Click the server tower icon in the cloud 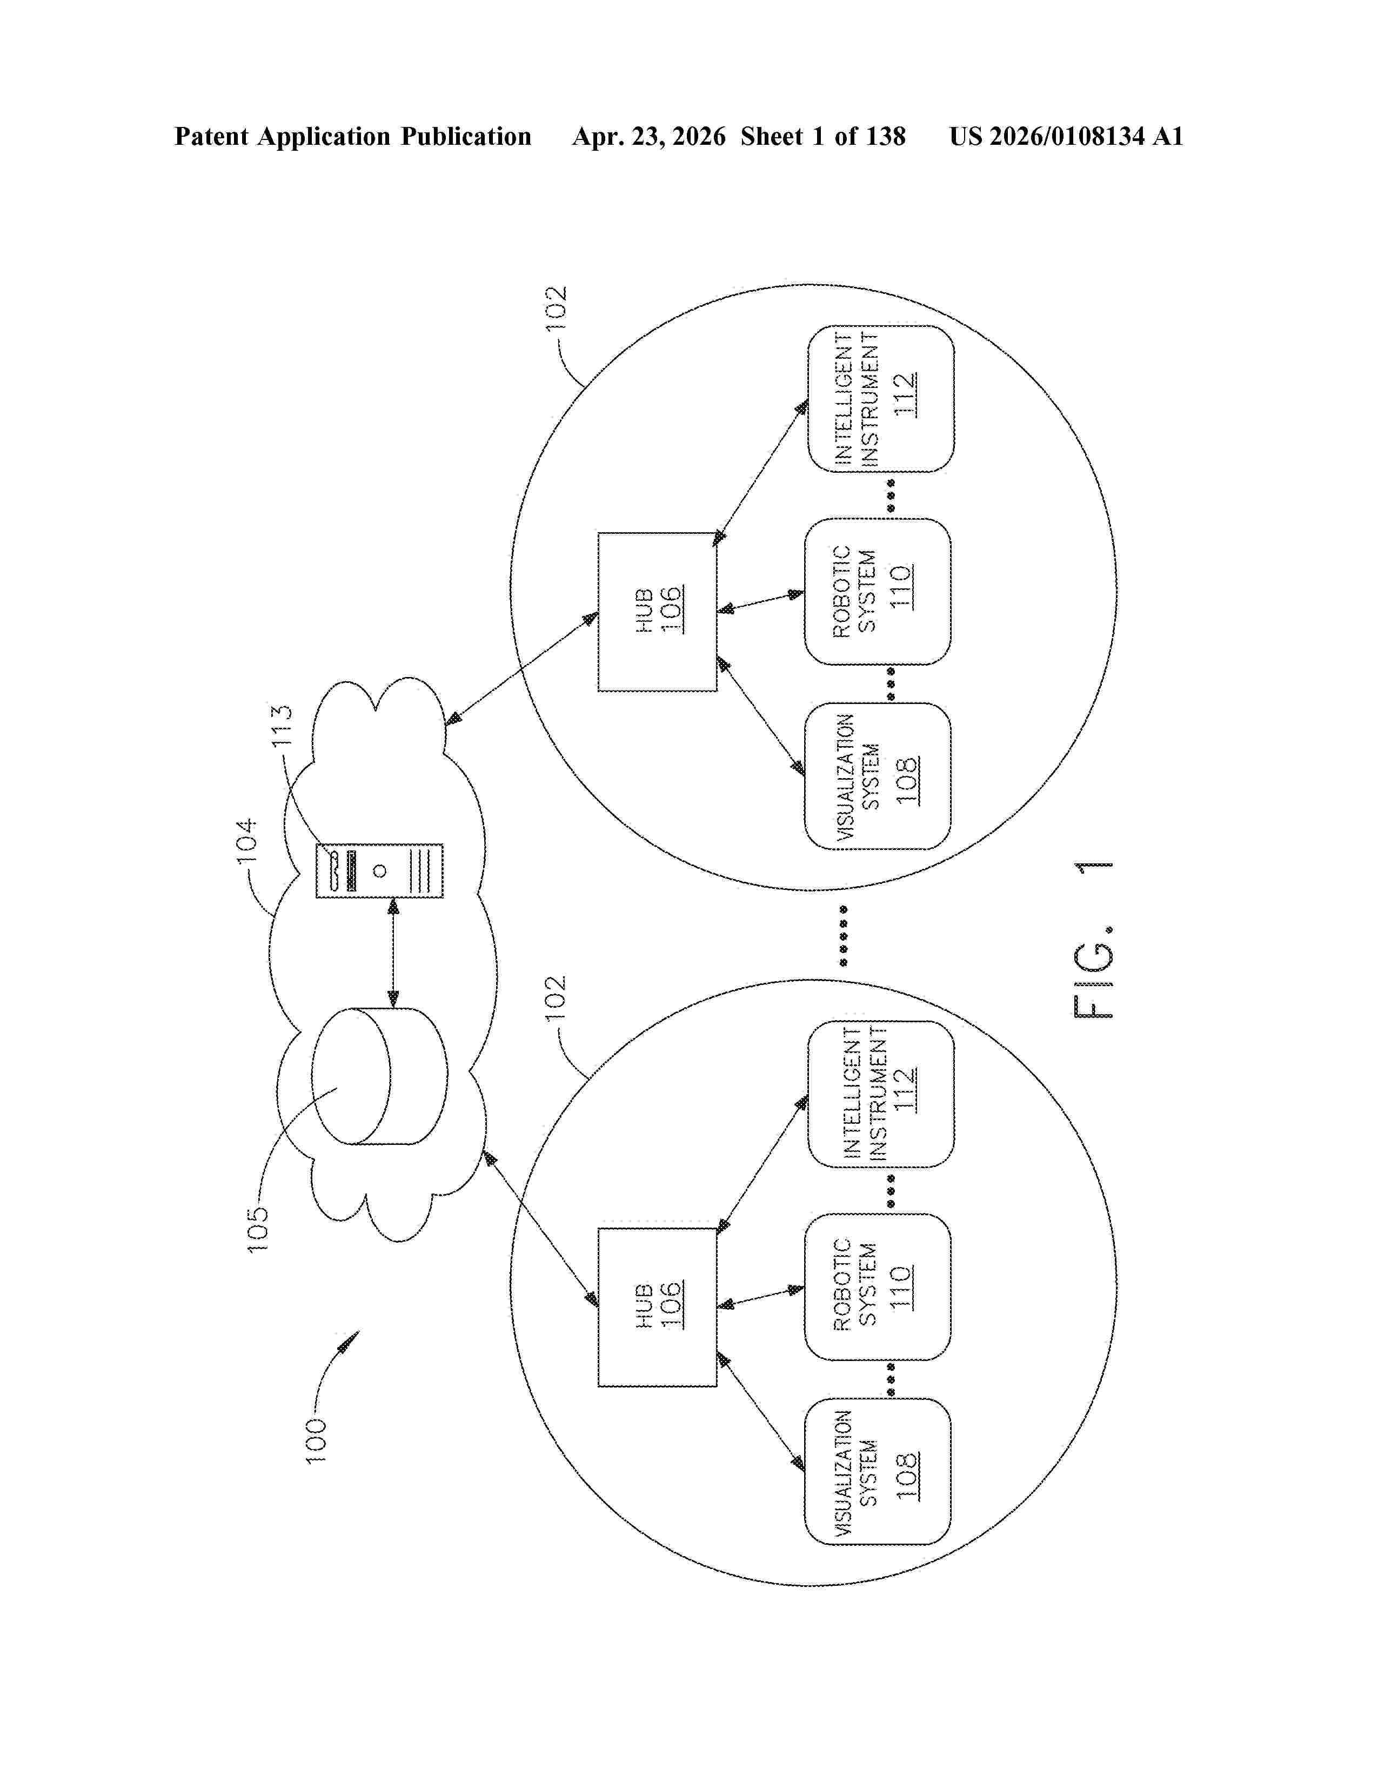pyautogui.click(x=379, y=870)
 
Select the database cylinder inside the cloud pyautogui.click(x=379, y=1076)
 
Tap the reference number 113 pyautogui.click(x=282, y=726)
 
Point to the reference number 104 pyautogui.click(x=246, y=840)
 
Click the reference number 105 pyautogui.click(x=257, y=1230)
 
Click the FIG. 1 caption pyautogui.click(x=1092, y=939)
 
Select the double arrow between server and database pyautogui.click(x=393, y=953)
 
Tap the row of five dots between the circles pyautogui.click(x=844, y=936)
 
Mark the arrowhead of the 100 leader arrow pyautogui.click(x=350, y=1338)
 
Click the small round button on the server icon pyautogui.click(x=379, y=871)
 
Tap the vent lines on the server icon pyautogui.click(x=422, y=870)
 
